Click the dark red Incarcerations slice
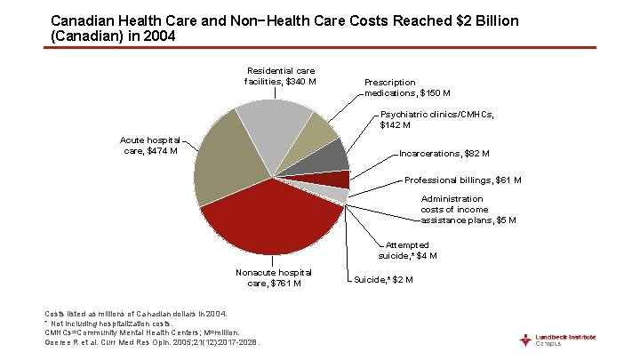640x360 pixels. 337,180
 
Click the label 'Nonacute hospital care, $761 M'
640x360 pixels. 274,277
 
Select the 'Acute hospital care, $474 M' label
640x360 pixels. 149,145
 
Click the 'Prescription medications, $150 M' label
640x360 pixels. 407,87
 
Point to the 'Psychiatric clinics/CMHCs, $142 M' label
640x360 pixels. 436,119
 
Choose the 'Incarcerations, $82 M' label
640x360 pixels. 444,154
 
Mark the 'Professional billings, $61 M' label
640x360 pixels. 462,180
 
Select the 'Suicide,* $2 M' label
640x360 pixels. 383,279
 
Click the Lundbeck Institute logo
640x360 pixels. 560,340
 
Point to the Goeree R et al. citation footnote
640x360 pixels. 151,341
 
